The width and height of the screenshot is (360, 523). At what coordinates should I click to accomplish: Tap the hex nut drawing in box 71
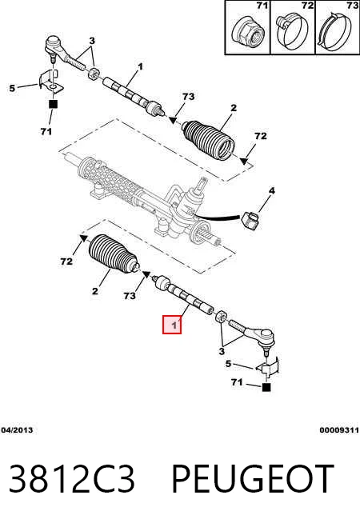pyautogui.click(x=248, y=32)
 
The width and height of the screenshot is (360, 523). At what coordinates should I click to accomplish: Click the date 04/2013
pyautogui.click(x=17, y=430)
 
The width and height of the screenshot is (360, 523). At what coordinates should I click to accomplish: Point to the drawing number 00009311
pyautogui.click(x=339, y=430)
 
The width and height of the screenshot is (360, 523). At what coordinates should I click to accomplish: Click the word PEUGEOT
pyautogui.click(x=253, y=479)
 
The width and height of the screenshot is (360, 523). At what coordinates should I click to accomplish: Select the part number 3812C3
pyautogui.click(x=72, y=479)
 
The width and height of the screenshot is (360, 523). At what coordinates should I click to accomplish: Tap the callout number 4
pyautogui.click(x=271, y=191)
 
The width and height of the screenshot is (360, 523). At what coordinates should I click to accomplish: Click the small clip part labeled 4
pyautogui.click(x=250, y=219)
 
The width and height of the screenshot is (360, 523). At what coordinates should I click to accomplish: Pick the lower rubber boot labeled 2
pyautogui.click(x=113, y=254)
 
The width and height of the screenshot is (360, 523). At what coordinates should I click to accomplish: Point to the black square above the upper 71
pyautogui.click(x=53, y=104)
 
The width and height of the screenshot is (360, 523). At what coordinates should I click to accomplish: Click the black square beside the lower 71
pyautogui.click(x=266, y=387)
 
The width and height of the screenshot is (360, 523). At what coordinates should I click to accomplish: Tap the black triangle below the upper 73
pyautogui.click(x=173, y=120)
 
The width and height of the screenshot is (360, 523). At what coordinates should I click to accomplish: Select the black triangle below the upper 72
pyautogui.click(x=244, y=161)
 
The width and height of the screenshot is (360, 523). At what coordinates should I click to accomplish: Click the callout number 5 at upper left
pyautogui.click(x=12, y=89)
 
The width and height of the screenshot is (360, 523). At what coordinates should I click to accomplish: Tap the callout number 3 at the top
pyautogui.click(x=92, y=41)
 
